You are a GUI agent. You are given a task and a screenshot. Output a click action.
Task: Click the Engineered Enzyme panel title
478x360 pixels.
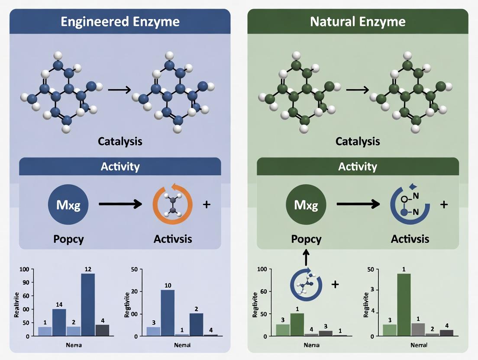120,22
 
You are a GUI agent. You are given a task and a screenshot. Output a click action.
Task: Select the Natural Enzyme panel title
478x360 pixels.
358,22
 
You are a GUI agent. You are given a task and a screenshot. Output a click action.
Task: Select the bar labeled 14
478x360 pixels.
59,322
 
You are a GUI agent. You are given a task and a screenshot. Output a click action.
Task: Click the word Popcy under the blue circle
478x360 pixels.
69,239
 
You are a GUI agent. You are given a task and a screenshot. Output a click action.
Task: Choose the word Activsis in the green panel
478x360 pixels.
410,239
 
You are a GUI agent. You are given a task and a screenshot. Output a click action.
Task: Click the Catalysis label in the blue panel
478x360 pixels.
120,141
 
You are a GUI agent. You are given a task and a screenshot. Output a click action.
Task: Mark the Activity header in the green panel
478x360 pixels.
358,167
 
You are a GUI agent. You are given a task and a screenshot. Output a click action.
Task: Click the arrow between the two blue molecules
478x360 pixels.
119,90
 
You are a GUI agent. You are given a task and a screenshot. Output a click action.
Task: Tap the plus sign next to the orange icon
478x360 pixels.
207,204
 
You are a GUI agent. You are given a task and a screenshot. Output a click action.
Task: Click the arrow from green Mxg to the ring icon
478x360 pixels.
359,204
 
